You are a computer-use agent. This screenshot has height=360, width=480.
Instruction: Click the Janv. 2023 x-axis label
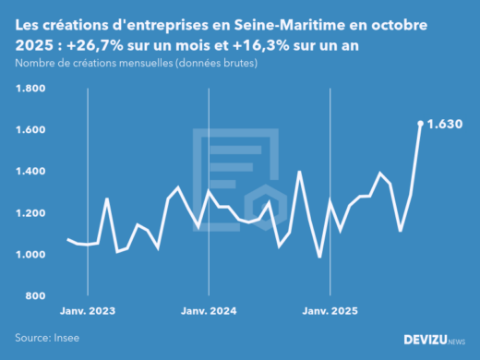point(88,311)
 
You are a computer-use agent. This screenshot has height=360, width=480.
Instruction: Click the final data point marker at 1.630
point(420,123)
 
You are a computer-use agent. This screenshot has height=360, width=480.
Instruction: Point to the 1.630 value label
point(446,123)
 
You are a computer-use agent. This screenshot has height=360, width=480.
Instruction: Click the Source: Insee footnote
point(47,338)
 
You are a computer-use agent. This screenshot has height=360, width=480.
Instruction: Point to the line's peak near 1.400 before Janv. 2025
point(299,172)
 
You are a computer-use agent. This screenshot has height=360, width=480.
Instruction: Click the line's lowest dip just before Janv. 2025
point(319,257)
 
